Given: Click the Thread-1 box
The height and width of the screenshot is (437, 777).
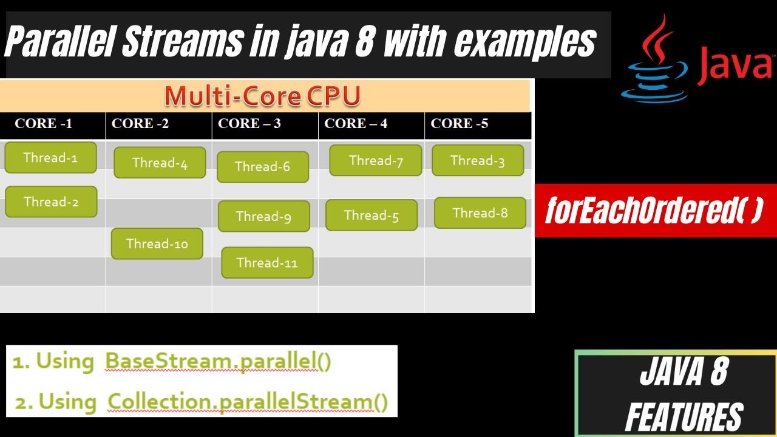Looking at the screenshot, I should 50,158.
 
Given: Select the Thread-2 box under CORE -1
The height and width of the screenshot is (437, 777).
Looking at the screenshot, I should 51,202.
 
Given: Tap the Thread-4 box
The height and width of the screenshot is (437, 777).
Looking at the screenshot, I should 160,163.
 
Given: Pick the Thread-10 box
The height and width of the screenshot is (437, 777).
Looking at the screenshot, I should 157,244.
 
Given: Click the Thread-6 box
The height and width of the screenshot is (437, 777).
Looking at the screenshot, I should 262,167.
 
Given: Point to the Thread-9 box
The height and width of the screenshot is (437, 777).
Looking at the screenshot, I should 263,216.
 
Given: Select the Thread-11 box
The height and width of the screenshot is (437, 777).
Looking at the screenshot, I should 267,263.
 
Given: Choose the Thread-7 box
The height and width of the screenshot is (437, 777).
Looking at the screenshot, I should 376,161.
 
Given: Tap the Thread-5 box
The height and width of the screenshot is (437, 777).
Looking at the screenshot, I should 372,215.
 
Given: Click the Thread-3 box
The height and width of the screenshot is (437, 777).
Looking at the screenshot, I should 478,161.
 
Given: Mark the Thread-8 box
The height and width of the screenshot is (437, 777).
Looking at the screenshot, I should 480,213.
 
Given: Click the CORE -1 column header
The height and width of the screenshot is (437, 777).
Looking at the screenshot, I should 44,124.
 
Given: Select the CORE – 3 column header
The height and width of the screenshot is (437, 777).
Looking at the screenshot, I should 249,124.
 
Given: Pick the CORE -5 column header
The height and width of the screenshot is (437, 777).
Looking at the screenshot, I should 459,124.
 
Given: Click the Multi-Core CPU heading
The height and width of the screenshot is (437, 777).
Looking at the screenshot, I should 262,96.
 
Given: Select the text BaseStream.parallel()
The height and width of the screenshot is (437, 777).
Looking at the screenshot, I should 218,361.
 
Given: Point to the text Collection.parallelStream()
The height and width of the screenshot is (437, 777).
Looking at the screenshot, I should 247,402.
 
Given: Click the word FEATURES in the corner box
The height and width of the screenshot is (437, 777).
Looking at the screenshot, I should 684,418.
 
